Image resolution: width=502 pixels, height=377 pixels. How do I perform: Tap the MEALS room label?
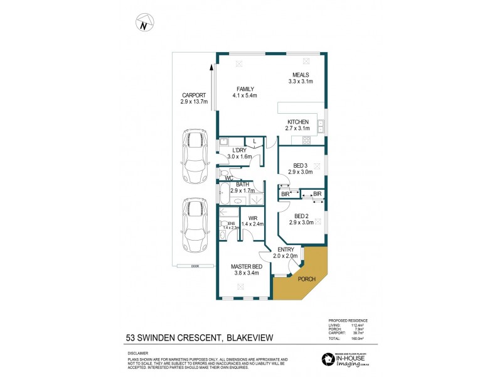300,78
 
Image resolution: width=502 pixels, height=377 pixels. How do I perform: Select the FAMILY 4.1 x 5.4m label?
245,92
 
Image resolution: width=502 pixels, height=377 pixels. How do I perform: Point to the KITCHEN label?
298,125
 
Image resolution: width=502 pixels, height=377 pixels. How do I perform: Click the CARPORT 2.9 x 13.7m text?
193,98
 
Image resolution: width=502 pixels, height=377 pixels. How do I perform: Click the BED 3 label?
300,168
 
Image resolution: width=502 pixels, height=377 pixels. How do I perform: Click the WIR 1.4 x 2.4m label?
251,221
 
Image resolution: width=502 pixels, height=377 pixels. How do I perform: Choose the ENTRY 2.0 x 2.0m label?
284,253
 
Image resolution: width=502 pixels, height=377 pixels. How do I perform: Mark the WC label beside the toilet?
229,178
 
